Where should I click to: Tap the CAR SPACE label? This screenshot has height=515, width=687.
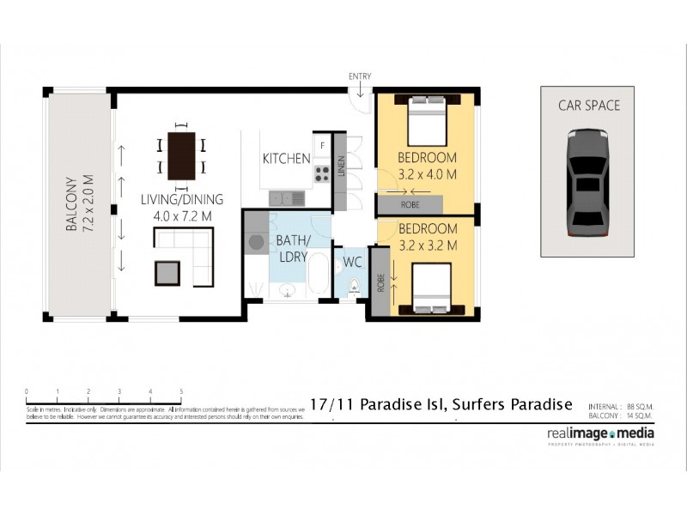[588, 106]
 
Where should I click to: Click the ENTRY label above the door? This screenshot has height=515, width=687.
[360, 76]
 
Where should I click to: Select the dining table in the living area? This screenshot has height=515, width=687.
[181, 155]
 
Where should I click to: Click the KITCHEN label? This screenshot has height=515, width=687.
[286, 158]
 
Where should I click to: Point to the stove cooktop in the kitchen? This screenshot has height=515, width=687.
[322, 174]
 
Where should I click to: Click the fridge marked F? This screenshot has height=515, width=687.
[322, 146]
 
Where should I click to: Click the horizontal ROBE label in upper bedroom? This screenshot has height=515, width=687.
[410, 205]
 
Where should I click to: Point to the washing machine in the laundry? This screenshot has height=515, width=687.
[257, 243]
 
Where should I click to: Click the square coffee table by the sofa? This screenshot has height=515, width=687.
[167, 273]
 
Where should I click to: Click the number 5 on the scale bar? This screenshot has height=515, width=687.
[181, 391]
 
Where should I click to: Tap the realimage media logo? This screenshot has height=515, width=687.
[600, 434]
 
